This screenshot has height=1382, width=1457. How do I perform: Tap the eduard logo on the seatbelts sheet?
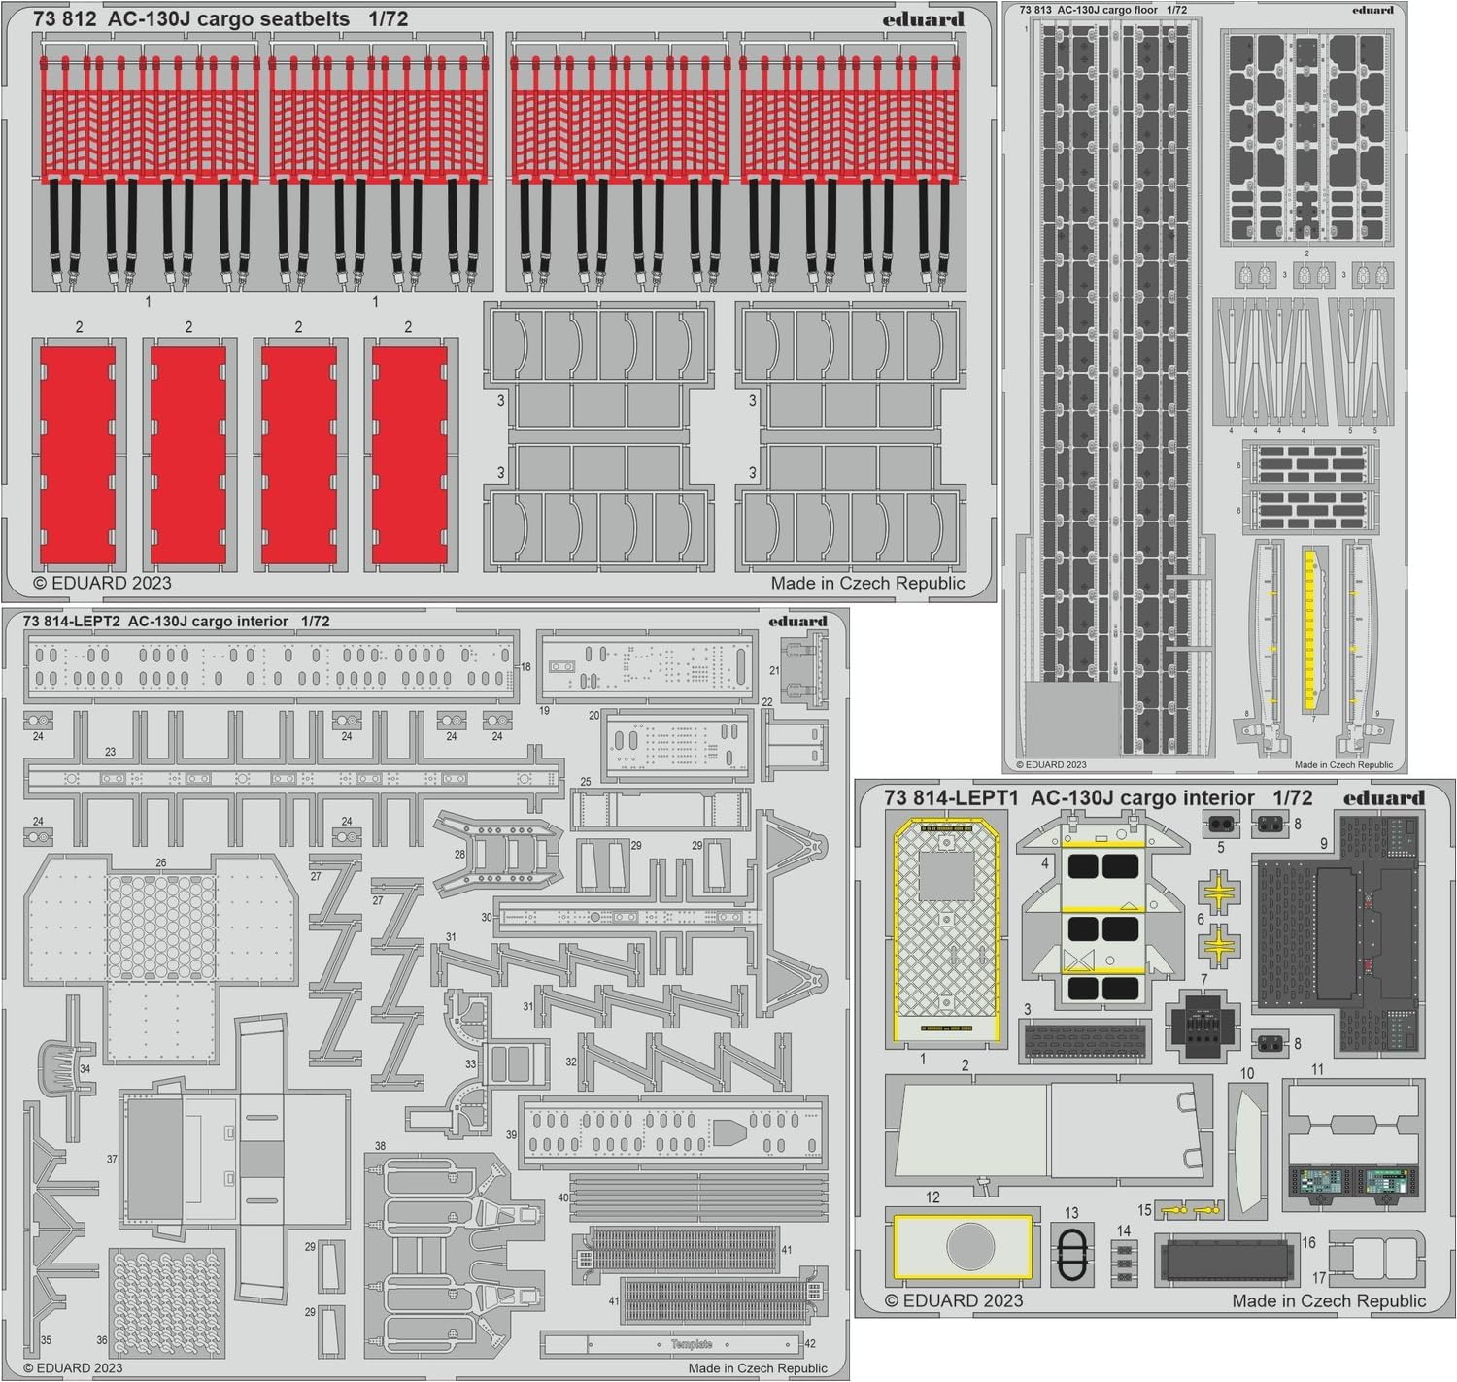point(923,18)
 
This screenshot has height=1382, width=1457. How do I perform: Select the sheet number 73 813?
point(1034,10)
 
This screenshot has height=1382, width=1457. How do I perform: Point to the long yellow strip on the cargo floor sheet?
point(1309,629)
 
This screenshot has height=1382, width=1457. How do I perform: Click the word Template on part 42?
point(691,1344)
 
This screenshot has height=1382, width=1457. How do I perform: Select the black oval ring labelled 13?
point(1071,1256)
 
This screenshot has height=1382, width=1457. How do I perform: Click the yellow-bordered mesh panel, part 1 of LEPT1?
point(947,932)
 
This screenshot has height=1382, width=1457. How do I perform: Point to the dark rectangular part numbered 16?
point(1226,1260)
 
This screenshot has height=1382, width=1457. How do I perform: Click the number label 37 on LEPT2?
point(112,1159)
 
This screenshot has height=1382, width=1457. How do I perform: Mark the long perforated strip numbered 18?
point(270,666)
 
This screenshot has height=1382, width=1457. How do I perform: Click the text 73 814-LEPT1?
point(950,798)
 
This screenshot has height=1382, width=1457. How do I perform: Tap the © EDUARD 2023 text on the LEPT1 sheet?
point(954,1300)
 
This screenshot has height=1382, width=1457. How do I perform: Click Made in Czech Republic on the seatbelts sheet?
point(867,583)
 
